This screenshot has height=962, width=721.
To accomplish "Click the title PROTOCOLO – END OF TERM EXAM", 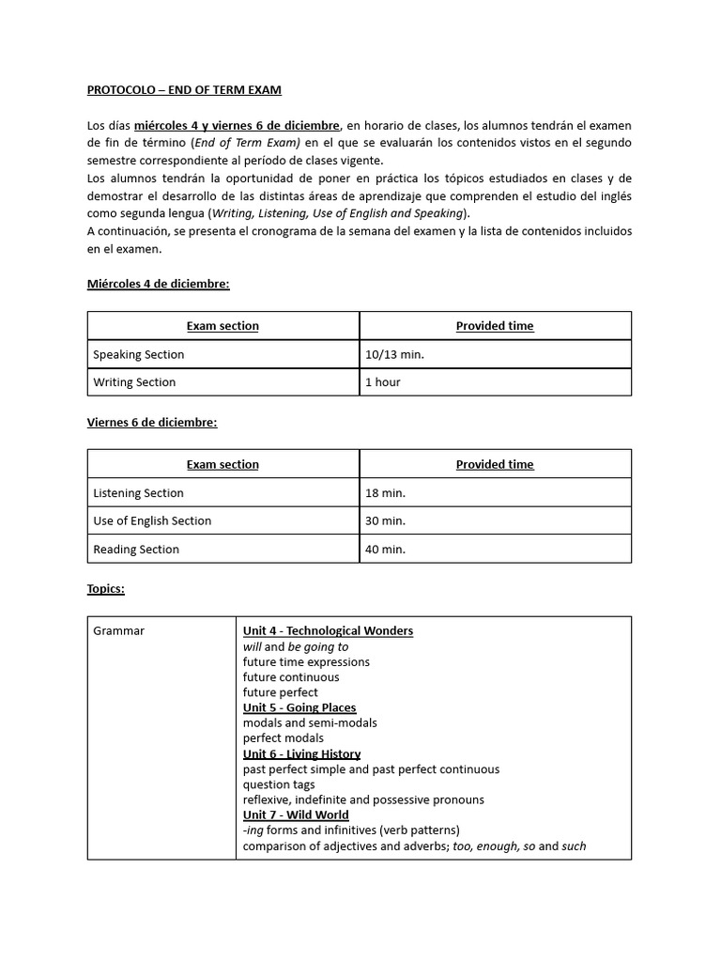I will point(184,90).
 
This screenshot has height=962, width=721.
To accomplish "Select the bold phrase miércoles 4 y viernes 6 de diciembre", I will point(237,126).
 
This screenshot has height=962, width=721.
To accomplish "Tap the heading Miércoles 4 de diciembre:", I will point(158,284).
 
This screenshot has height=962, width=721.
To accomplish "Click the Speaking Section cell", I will point(139,354).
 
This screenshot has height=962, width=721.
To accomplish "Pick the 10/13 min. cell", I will point(394,354).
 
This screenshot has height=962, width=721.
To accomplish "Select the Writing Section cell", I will point(134,382).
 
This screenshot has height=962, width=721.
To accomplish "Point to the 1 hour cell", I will point(383,382).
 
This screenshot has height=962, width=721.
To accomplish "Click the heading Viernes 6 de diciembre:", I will point(151,423).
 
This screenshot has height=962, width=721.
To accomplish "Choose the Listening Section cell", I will point(139,493).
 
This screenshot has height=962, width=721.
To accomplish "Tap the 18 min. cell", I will point(386,493).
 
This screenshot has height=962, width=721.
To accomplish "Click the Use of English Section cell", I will point(152,520).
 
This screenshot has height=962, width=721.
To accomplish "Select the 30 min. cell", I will point(386,520).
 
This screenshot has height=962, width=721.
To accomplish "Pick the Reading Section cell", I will point(136,550).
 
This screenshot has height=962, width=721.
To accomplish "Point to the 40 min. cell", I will point(386,550).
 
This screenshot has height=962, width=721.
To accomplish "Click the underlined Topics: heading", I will point(106,589).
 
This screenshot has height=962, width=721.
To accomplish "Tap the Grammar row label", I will point(119,631).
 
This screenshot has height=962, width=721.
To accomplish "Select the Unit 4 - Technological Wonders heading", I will point(328,631).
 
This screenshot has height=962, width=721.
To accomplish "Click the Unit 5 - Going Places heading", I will point(299,707).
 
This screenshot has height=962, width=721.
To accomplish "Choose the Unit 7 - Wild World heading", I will point(296,815).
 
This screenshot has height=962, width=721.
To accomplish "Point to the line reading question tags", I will point(279,784).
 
